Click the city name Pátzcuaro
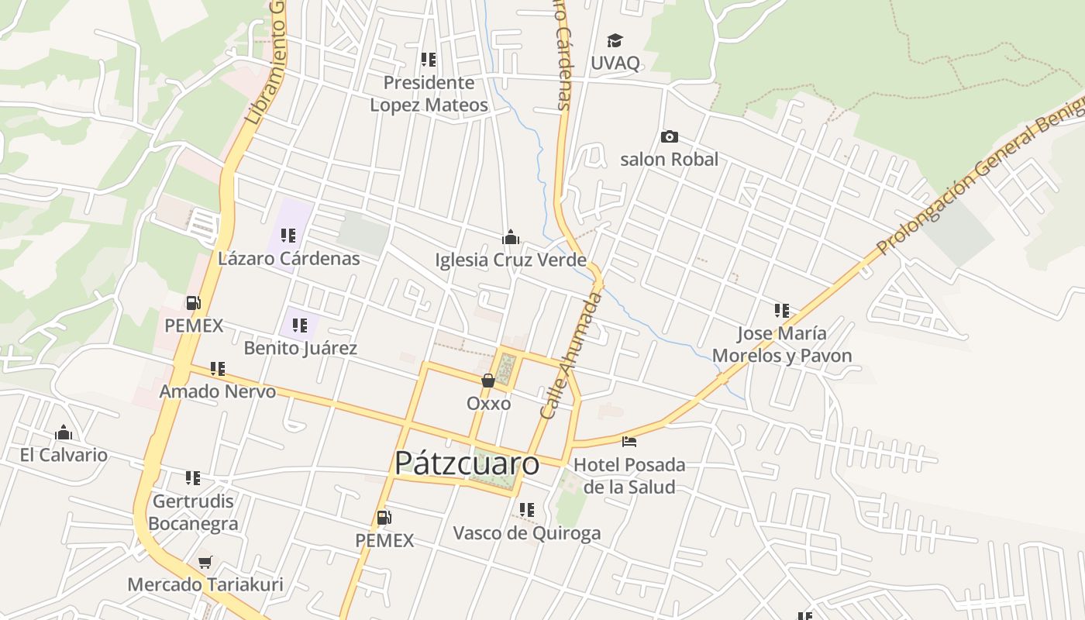(x=467, y=463)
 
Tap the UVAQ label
(x=615, y=63)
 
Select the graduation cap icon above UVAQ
(x=615, y=40)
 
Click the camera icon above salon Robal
(x=669, y=137)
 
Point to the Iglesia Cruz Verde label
(x=510, y=260)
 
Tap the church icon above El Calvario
(x=64, y=432)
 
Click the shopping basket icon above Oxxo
(x=488, y=381)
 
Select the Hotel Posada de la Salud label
(x=629, y=476)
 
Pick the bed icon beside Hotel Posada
(x=629, y=442)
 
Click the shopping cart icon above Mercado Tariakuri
(x=205, y=562)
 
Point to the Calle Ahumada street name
(x=570, y=356)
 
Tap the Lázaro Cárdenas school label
(x=288, y=258)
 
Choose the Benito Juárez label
(x=300, y=348)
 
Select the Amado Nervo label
(x=217, y=391)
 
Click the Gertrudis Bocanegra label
(x=193, y=512)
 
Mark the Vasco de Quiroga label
(x=526, y=533)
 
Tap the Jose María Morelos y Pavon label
(x=781, y=345)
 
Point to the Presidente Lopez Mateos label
(x=429, y=94)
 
